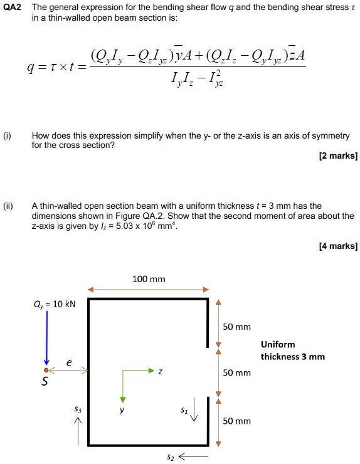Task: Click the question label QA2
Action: (x=13, y=8)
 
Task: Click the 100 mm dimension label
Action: (x=149, y=279)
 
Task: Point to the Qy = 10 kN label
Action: (x=56, y=303)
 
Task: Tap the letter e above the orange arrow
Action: (x=69, y=362)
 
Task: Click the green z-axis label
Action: (x=161, y=371)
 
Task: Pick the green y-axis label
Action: (x=124, y=411)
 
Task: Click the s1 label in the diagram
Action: (x=183, y=410)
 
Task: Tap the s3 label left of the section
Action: (x=78, y=409)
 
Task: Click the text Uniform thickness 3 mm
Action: (x=292, y=351)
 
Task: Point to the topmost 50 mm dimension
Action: (x=237, y=327)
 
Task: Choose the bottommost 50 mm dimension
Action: (x=237, y=421)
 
